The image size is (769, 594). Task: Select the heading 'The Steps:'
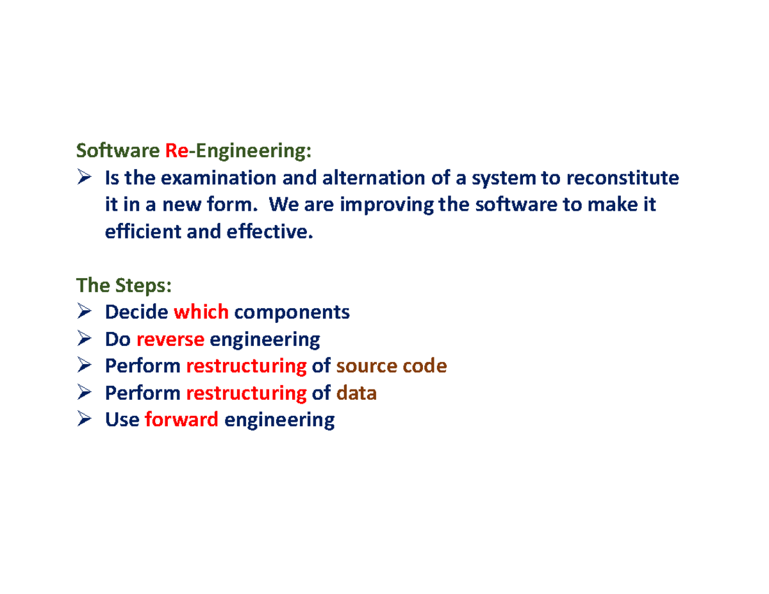pyautogui.click(x=124, y=285)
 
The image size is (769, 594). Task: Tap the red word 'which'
pyautogui.click(x=201, y=312)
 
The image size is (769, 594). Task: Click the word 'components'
pyautogui.click(x=292, y=312)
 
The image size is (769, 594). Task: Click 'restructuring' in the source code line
pyautogui.click(x=246, y=366)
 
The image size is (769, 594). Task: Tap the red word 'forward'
pyautogui.click(x=183, y=420)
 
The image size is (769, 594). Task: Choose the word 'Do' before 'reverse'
pyautogui.click(x=118, y=339)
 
